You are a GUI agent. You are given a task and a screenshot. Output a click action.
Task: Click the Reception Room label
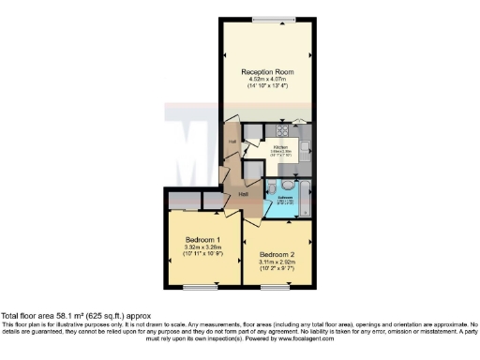click(268, 72)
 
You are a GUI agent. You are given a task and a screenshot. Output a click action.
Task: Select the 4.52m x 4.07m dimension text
click(268, 80)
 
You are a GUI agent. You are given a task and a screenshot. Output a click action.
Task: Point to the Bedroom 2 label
click(278, 254)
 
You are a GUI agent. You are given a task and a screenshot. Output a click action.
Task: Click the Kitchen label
click(280, 146)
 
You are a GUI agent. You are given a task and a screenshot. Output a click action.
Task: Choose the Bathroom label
click(284, 198)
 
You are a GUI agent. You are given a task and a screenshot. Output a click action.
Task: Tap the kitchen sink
click(307, 169)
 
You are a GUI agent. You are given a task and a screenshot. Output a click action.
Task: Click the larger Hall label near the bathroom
click(243, 193)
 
